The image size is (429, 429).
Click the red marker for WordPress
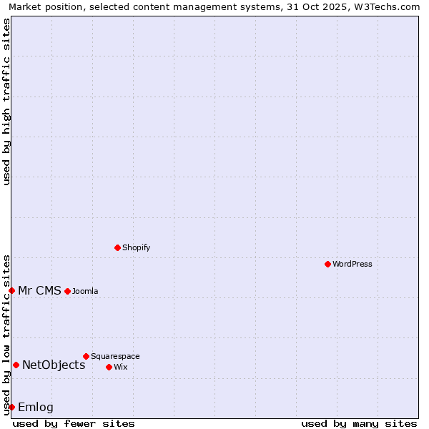click(x=327, y=264)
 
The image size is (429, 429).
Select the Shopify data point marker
click(x=117, y=247)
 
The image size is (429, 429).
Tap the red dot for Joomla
click(x=67, y=291)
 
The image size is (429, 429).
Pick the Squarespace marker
click(x=86, y=356)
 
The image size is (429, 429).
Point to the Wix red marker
click(x=109, y=367)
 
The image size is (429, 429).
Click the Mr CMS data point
click(x=11, y=290)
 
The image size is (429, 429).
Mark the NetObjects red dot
click(x=16, y=365)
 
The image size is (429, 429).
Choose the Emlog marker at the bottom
click(x=11, y=407)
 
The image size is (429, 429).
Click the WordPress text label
click(x=352, y=264)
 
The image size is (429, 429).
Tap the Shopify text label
click(x=136, y=247)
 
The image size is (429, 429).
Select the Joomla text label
click(x=85, y=291)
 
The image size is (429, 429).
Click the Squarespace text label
click(x=115, y=356)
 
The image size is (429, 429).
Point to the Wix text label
click(x=120, y=367)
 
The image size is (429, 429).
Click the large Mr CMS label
click(x=39, y=290)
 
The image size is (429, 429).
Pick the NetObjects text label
click(x=54, y=365)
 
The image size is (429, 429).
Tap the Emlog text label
click(x=36, y=407)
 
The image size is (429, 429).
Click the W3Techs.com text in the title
click(x=385, y=6)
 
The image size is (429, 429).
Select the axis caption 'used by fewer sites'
click(x=74, y=423)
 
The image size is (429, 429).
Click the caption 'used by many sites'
click(x=359, y=423)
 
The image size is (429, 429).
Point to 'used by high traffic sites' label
click(x=6, y=102)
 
